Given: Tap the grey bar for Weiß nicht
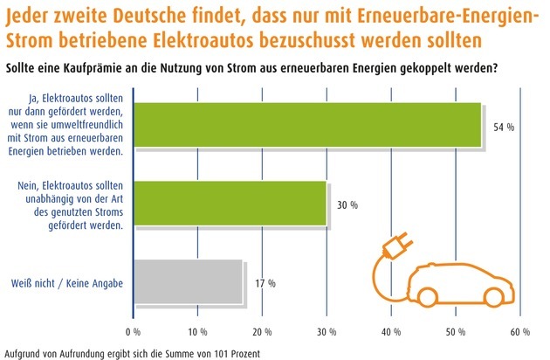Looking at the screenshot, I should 189,282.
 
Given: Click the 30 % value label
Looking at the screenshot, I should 347,206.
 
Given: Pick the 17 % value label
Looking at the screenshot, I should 265,283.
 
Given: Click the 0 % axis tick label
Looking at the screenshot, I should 134,332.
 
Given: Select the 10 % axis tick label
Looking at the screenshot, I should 197,332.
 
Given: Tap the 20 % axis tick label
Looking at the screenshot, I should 262,332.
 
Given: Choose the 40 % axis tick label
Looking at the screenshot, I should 391,332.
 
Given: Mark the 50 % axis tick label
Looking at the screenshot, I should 456,332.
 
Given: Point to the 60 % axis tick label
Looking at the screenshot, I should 520,332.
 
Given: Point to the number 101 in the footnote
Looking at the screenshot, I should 196,352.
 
